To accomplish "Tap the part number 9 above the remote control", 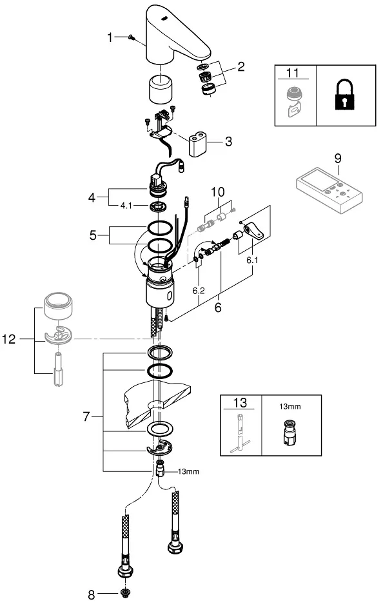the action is coord(338,159).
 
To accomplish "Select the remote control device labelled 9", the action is coord(329,190).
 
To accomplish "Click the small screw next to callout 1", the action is coord(131,37).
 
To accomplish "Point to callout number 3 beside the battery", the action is coord(228,141).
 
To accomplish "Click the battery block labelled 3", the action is coord(197,144).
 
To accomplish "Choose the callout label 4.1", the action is coord(126,206).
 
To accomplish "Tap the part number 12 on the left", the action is coord(9,339).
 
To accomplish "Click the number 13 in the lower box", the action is coord(240,402).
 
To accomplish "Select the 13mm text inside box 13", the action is coord(290,406).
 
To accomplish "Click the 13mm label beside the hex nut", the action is coord(188,471).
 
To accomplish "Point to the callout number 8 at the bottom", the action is coord(91,595).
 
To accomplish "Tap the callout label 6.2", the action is coord(199,291).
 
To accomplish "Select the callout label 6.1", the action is coord(252,260).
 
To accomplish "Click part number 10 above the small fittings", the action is coord(217,191).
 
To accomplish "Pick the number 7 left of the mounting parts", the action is coord(86,416).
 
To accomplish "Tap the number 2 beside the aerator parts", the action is coord(241,66).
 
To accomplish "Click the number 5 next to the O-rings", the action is coord(93,235).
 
